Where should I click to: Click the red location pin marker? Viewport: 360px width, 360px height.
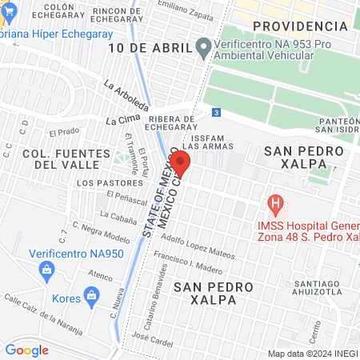(181, 165)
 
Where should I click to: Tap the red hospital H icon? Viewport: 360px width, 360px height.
(276, 204)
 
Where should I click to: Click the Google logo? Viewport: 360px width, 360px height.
(26, 350)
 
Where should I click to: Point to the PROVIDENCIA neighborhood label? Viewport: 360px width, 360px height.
(300, 26)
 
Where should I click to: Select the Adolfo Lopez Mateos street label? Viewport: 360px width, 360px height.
(198, 247)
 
